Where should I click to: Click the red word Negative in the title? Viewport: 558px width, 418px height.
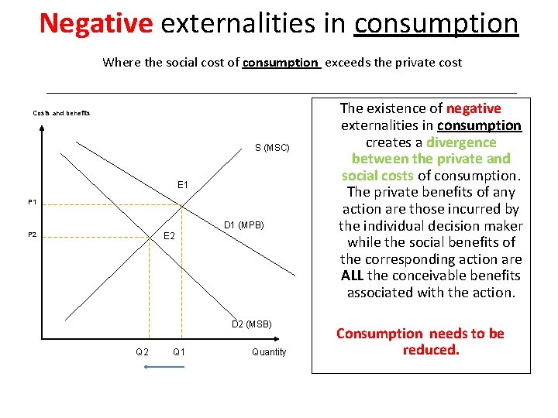[x=96, y=24]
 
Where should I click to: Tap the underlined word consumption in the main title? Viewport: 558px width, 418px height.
[x=436, y=24]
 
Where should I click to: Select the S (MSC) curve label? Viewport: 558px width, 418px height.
[x=272, y=147]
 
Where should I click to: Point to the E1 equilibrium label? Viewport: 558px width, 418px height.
[x=183, y=186]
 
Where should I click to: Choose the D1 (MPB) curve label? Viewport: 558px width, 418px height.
[x=243, y=225]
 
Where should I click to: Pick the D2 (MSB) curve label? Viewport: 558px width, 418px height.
[x=252, y=324]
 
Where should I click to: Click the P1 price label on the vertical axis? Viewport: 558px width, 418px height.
[x=33, y=202]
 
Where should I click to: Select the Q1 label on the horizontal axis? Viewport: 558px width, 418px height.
[x=179, y=352]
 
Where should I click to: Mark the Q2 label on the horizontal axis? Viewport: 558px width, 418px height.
[x=142, y=352]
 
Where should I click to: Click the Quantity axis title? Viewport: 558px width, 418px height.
[x=269, y=352]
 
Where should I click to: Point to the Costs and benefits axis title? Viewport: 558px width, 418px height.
[x=61, y=114]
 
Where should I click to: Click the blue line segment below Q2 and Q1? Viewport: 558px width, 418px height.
[x=164, y=366]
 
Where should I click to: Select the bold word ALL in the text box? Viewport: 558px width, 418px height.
[x=353, y=276]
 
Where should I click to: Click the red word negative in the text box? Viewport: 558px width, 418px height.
[x=474, y=108]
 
